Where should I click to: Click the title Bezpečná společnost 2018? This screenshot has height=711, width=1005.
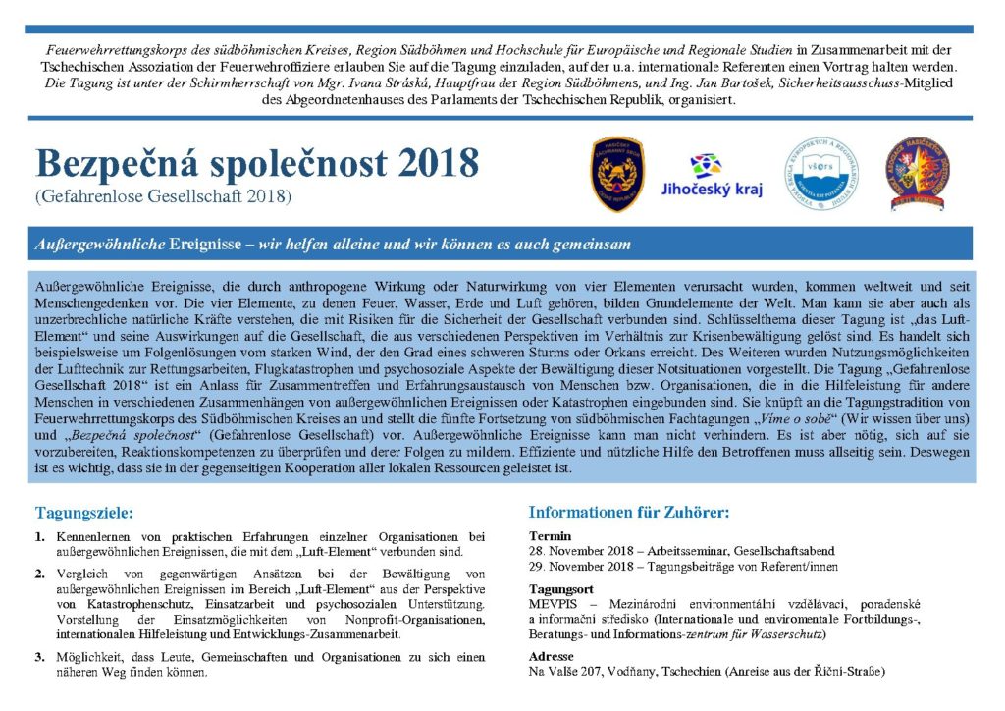coord(256,162)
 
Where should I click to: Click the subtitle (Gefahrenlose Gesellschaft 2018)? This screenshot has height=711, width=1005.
coord(163,196)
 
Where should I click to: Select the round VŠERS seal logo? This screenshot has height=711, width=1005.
coord(820,173)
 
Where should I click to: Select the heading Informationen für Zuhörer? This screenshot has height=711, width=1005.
coord(629,512)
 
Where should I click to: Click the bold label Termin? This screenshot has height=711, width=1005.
coord(545,536)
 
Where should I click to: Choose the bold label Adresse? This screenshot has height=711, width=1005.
coord(551,656)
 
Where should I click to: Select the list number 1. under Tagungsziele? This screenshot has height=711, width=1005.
coord(40,537)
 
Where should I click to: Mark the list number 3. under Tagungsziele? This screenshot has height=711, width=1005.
coord(40,657)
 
